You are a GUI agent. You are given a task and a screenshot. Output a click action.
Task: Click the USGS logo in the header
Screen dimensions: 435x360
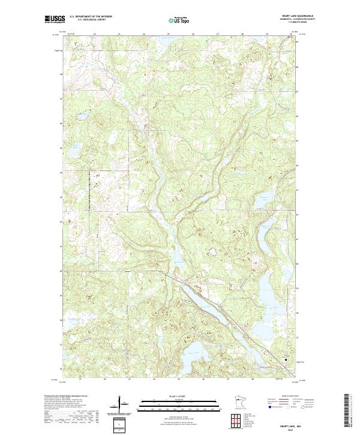55,19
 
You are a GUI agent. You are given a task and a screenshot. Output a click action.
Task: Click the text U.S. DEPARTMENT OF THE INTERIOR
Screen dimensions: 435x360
91,16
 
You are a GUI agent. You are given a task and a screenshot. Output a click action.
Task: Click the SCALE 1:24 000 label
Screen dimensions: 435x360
179,397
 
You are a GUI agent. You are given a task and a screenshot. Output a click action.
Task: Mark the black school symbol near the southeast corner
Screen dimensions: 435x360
286,361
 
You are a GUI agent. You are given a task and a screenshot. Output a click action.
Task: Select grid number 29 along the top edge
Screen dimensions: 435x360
267,34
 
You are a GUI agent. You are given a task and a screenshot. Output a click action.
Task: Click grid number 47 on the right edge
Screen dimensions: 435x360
298,92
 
